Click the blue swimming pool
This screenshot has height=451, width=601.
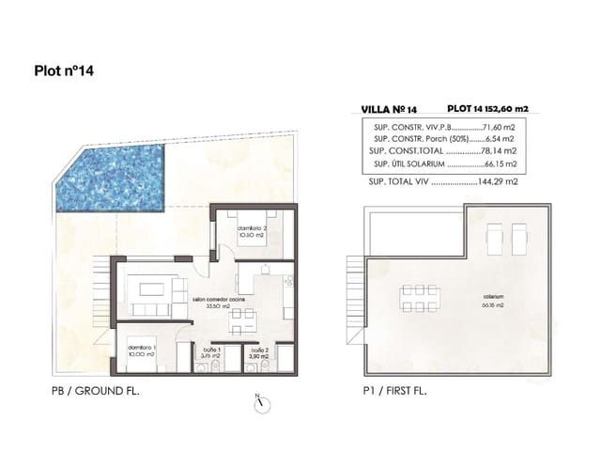pos(108,179)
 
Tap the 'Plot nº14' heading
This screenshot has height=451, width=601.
pos(64,70)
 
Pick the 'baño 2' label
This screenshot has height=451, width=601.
pos(259,351)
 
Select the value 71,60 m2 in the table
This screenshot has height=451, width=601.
pos(502,126)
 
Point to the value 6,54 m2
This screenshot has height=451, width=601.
pos(504,138)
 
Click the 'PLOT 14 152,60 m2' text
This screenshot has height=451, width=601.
pos(487,109)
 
